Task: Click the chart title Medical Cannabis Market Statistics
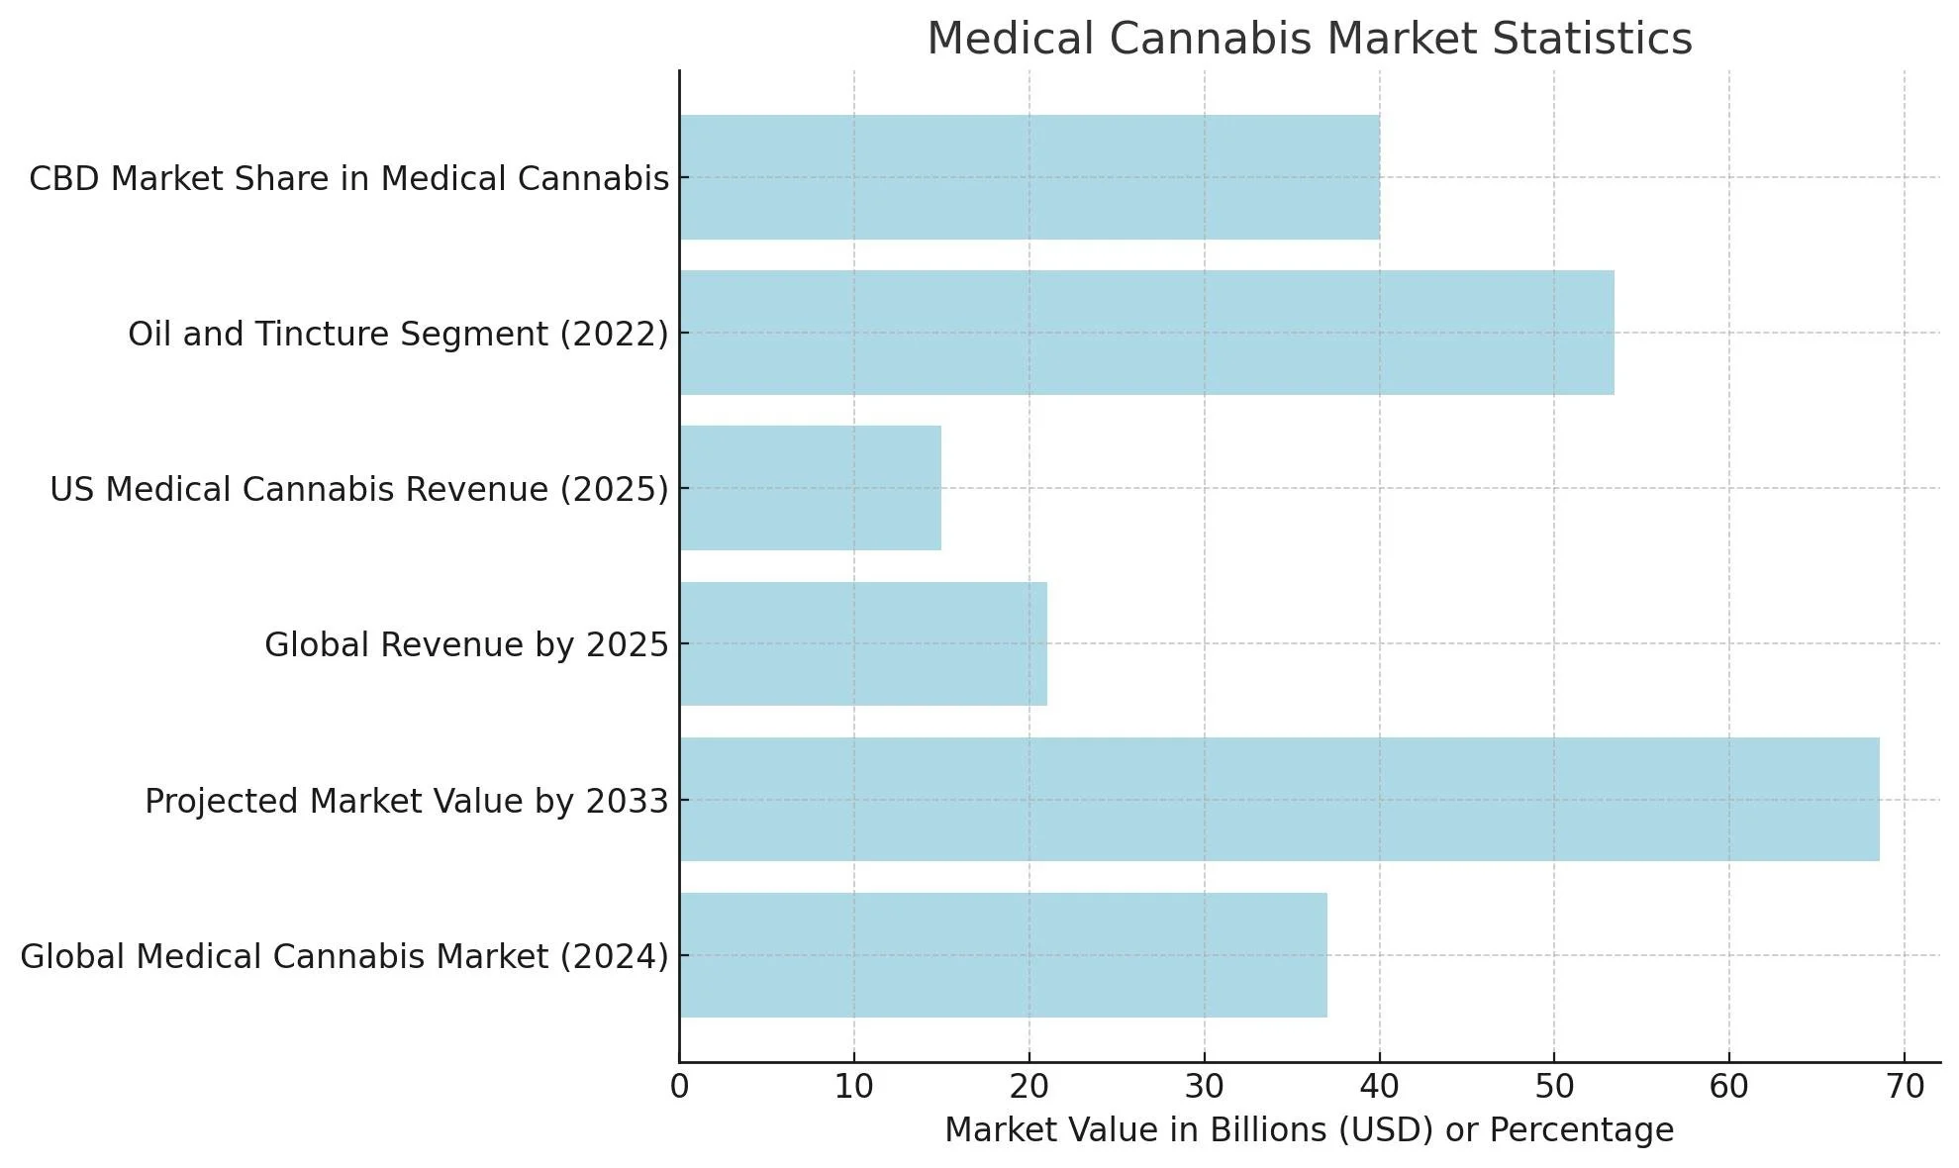tap(1309, 40)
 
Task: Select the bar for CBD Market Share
tap(1029, 177)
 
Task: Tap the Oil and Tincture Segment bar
tap(1146, 333)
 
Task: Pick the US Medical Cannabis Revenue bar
tap(810, 488)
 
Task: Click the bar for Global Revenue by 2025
tap(863, 643)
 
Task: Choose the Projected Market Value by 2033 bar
tap(1279, 799)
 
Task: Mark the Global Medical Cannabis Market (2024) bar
tap(1003, 955)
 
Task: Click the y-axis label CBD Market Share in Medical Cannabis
tap(348, 179)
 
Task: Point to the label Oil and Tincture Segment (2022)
tap(398, 335)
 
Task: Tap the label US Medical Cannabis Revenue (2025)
tap(359, 490)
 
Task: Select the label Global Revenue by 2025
tap(466, 645)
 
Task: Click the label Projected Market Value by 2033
tap(407, 801)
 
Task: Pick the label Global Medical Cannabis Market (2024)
tap(344, 957)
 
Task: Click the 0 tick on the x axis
tap(679, 1088)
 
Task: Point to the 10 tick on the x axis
tap(853, 1088)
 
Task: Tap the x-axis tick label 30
tap(1204, 1088)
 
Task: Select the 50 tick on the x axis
tap(1554, 1088)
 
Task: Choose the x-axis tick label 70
tap(1905, 1088)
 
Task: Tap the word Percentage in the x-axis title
tap(1581, 1130)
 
